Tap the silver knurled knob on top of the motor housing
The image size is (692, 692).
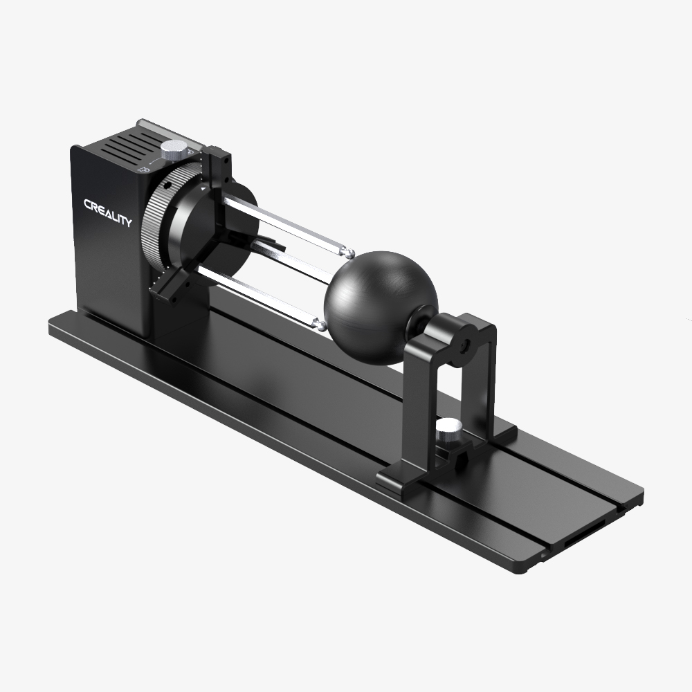(175, 148)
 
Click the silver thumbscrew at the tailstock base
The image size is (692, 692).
(447, 433)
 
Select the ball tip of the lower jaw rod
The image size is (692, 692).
(319, 322)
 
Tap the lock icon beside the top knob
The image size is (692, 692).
(146, 167)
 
